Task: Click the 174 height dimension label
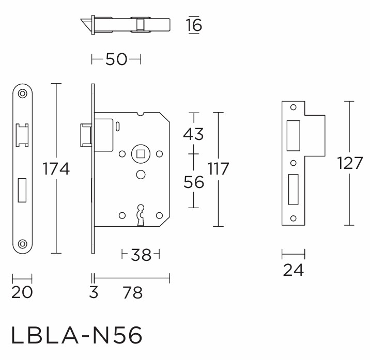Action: pyautogui.click(x=56, y=169)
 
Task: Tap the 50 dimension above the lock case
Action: pyautogui.click(x=116, y=59)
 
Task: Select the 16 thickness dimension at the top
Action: pyautogui.click(x=194, y=25)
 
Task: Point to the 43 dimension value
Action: pyautogui.click(x=193, y=134)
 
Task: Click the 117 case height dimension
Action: pyautogui.click(x=218, y=168)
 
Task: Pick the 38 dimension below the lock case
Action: pyautogui.click(x=141, y=255)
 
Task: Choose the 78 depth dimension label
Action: pyautogui.click(x=133, y=292)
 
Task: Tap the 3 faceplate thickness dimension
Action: pyautogui.click(x=94, y=292)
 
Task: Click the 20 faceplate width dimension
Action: pyautogui.click(x=22, y=292)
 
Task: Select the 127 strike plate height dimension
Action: pyautogui.click(x=350, y=163)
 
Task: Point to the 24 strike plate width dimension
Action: pyautogui.click(x=294, y=270)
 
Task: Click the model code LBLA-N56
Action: pyautogui.click(x=76, y=335)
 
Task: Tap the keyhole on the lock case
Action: pyautogui.click(x=141, y=215)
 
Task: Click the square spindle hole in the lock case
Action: pyautogui.click(x=141, y=154)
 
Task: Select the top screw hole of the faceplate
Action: pyautogui.click(x=23, y=93)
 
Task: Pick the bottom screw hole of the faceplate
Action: pyautogui.click(x=23, y=244)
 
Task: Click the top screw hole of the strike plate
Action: pyautogui.click(x=294, y=107)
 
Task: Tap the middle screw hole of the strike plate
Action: pyautogui.click(x=294, y=163)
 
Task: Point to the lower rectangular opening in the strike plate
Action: pyautogui.click(x=294, y=190)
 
